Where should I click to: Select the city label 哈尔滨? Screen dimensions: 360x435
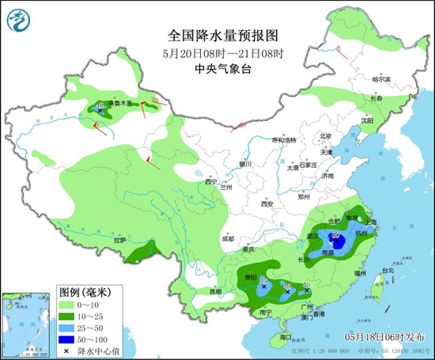(x=381, y=79)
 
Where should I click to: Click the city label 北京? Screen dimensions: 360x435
(x=302, y=136)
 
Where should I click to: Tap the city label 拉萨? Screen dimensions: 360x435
(x=119, y=239)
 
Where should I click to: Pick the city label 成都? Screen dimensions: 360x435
(x=228, y=237)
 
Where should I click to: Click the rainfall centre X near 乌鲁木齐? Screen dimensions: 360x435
(x=100, y=112)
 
